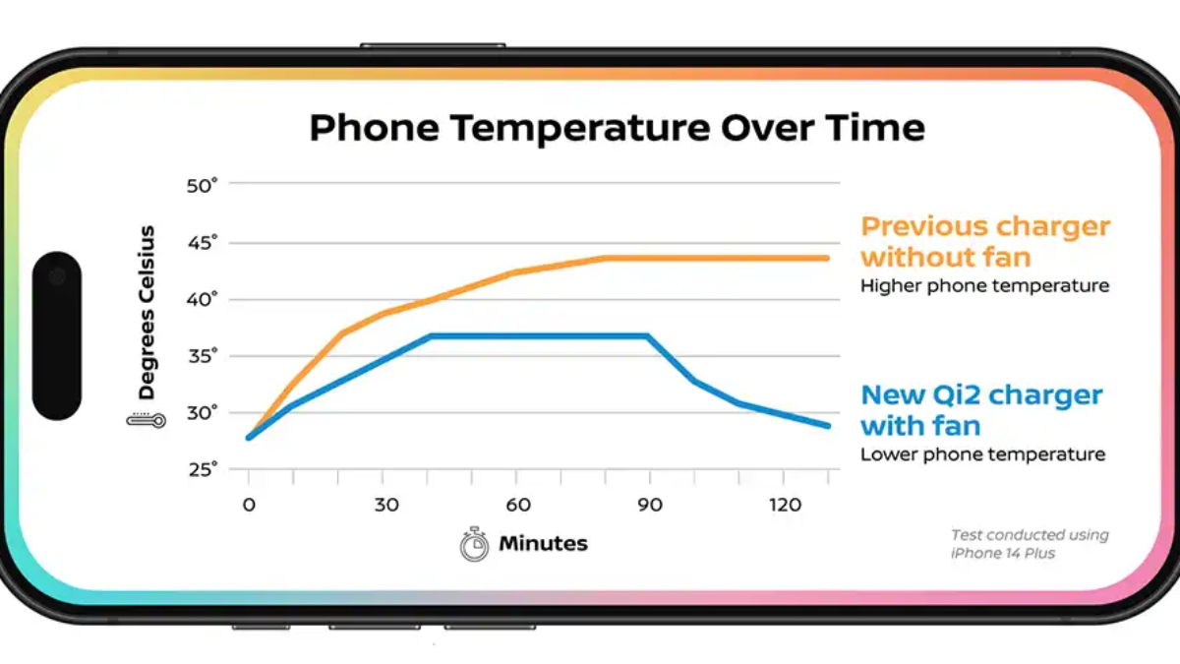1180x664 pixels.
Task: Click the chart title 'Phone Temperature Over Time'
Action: point(617,128)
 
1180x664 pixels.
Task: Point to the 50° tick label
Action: point(202,186)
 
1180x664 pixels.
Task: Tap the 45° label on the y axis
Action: point(203,244)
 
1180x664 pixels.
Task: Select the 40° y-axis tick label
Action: point(202,300)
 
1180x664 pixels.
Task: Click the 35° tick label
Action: point(203,357)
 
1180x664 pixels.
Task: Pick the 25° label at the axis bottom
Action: point(203,469)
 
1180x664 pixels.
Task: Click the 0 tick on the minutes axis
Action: point(249,505)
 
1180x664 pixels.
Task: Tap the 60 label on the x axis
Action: point(518,505)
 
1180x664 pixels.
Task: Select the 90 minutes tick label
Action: point(650,505)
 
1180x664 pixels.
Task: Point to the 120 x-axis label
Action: point(785,505)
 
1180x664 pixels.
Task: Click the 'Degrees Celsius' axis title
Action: point(147,313)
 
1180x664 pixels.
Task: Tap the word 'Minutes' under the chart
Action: point(543,543)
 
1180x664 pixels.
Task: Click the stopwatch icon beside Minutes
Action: point(474,544)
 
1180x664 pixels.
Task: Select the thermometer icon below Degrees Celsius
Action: point(146,420)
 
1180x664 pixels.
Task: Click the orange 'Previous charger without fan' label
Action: point(985,242)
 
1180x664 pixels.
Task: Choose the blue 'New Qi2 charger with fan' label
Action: point(981,410)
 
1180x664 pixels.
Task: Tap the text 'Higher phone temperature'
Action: point(984,285)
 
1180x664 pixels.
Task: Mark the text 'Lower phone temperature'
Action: point(982,454)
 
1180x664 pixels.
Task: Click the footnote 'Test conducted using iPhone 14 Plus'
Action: point(1030,544)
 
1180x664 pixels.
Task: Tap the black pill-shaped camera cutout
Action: point(57,335)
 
